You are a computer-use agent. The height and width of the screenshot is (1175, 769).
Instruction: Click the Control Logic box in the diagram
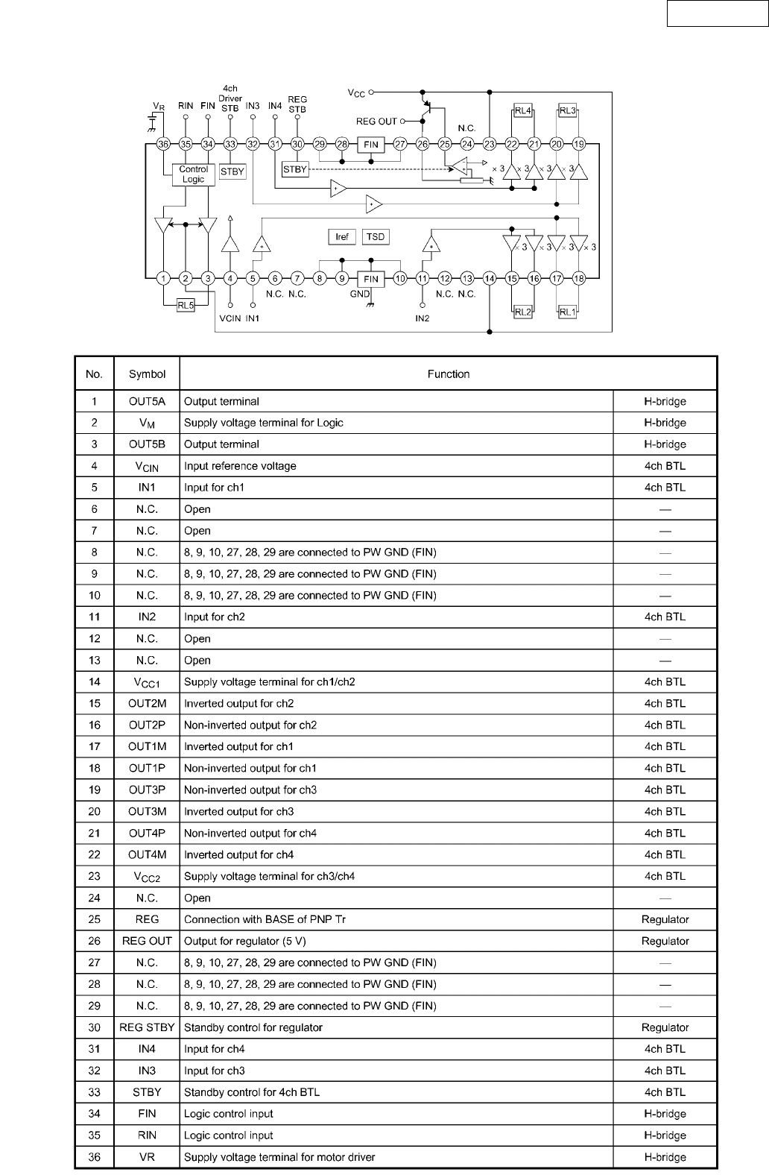193,174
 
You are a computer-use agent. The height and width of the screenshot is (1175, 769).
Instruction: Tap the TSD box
376,237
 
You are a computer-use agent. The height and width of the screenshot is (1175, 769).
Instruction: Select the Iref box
342,237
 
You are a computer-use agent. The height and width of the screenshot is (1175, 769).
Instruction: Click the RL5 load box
186,304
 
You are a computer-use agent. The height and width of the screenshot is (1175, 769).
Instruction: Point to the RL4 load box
523,111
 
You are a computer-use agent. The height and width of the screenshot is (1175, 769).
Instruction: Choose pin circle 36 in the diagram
163,144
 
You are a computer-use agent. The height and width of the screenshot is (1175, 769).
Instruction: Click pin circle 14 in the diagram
490,279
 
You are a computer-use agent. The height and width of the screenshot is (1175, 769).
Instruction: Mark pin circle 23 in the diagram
490,144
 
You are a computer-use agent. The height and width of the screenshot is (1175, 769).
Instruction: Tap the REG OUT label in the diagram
376,121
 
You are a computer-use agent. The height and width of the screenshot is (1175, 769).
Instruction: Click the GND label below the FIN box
360,294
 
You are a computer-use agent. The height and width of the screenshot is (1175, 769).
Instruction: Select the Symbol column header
147,374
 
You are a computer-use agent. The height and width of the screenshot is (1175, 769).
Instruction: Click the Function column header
449,374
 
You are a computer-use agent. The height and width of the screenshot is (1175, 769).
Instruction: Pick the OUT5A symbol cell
147,401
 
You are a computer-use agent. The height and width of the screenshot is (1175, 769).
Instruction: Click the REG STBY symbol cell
147,1027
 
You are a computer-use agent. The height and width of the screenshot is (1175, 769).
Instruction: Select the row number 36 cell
95,1157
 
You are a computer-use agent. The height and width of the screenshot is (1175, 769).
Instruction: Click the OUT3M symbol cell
147,811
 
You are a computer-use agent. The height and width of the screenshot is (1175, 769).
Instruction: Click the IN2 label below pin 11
423,318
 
